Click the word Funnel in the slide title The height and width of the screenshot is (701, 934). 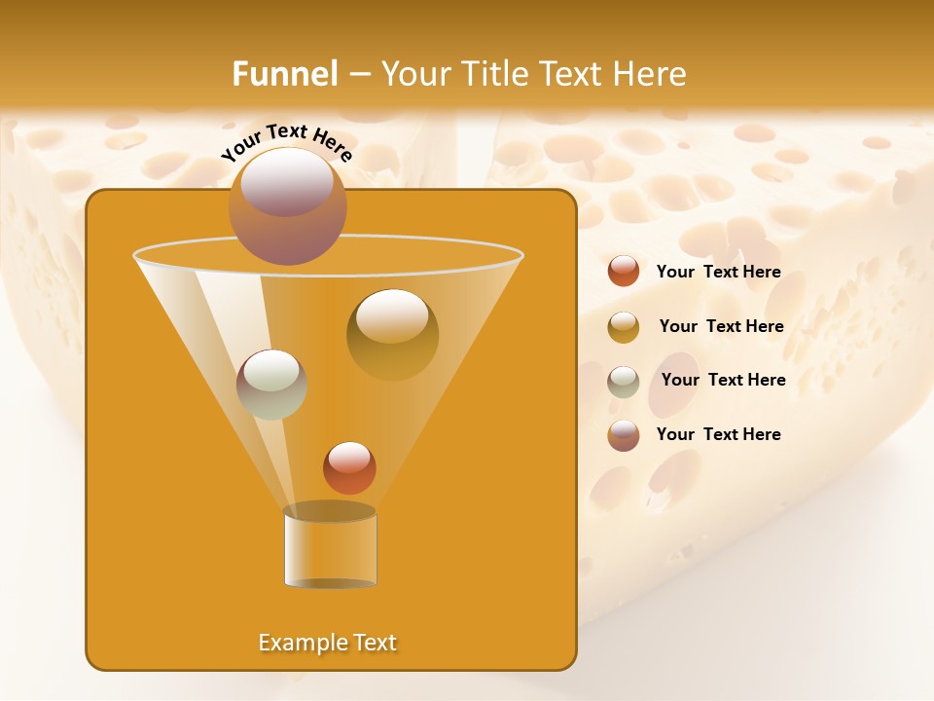tap(284, 73)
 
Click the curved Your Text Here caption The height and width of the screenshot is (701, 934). tap(287, 142)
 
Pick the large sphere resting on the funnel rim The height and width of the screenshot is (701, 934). tap(287, 206)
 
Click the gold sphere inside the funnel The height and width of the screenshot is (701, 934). tap(392, 334)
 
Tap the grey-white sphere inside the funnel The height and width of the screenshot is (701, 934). tap(271, 384)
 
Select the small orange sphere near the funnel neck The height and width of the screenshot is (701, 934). tap(349, 467)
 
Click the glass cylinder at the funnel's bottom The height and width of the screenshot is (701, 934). tap(330, 547)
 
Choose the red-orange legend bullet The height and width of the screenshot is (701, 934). tap(624, 271)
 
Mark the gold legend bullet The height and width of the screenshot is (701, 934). tap(624, 326)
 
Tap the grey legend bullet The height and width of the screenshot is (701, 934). tap(624, 381)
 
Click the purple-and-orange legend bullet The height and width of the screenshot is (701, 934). tap(624, 435)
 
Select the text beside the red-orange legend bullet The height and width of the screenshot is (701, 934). tap(718, 272)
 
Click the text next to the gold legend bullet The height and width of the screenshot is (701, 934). tap(721, 326)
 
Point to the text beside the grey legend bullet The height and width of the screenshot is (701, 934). tap(723, 380)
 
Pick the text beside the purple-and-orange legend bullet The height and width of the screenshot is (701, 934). tap(718, 434)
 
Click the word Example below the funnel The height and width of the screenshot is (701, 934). tap(303, 643)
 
